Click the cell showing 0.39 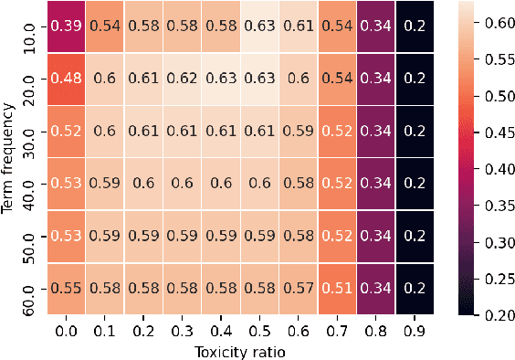point(65,25)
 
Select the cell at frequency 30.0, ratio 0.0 point(65,129)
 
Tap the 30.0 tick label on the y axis point(28,129)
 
